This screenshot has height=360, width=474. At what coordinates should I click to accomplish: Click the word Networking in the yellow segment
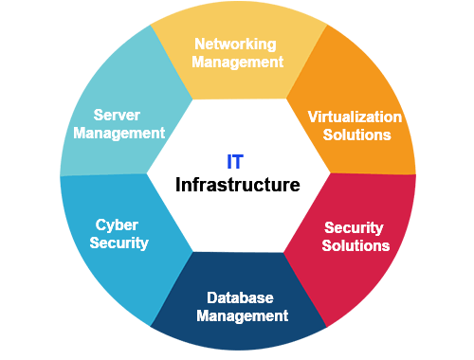coord(235,45)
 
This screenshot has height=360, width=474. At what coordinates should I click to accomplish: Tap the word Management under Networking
coord(237,63)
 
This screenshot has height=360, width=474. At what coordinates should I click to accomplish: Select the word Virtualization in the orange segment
coord(355,117)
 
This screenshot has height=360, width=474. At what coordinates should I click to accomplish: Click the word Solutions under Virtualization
coord(356,135)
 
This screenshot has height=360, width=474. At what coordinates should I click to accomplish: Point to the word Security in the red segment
coord(354,227)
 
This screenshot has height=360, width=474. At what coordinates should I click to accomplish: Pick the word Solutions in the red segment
coord(356,245)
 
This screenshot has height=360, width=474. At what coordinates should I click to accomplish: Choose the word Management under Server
coord(118,133)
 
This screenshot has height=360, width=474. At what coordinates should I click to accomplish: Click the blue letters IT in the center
coord(236,163)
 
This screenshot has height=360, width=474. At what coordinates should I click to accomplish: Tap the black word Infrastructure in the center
coord(238,183)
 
